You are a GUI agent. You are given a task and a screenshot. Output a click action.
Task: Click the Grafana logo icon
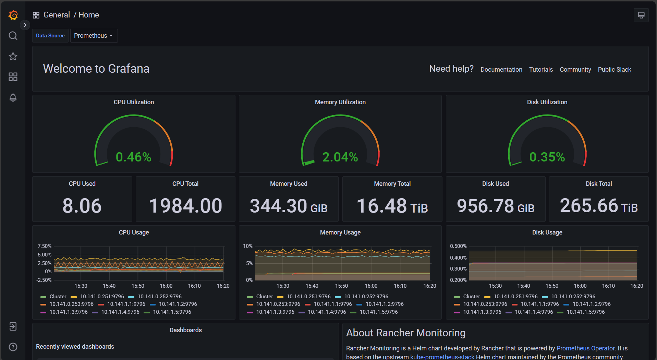tap(13, 15)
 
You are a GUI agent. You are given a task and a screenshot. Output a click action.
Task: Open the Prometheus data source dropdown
tap(94, 36)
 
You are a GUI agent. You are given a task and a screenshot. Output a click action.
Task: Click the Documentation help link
tap(501, 70)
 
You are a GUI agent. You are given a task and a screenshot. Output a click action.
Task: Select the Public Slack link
tap(614, 70)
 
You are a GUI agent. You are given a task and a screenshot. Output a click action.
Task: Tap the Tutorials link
tap(541, 70)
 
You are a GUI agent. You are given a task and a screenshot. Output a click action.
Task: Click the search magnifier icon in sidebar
tap(13, 36)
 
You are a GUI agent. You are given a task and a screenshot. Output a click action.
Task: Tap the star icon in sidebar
tap(13, 56)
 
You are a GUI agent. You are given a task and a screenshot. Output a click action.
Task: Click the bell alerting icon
tap(13, 97)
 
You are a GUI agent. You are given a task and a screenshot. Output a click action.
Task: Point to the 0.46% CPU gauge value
tap(133, 157)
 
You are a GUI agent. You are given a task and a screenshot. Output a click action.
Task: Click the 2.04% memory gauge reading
tap(340, 157)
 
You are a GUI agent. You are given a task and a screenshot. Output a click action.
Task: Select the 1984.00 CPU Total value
tap(185, 206)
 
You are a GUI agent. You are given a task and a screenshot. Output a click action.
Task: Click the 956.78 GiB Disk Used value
tap(495, 206)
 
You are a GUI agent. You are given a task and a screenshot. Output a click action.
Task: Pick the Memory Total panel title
tap(392, 184)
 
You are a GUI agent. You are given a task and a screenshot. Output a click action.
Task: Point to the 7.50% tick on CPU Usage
tap(45, 246)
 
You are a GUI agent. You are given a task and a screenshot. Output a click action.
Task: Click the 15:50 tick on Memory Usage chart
tap(341, 286)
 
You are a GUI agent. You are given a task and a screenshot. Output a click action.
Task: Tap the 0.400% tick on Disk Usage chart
tap(458, 258)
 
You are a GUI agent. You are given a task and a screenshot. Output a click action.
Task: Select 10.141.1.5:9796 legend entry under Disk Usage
tap(585, 312)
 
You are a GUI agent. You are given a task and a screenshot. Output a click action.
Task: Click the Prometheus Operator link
tap(585, 348)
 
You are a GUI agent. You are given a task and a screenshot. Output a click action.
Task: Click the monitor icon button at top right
tap(641, 15)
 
